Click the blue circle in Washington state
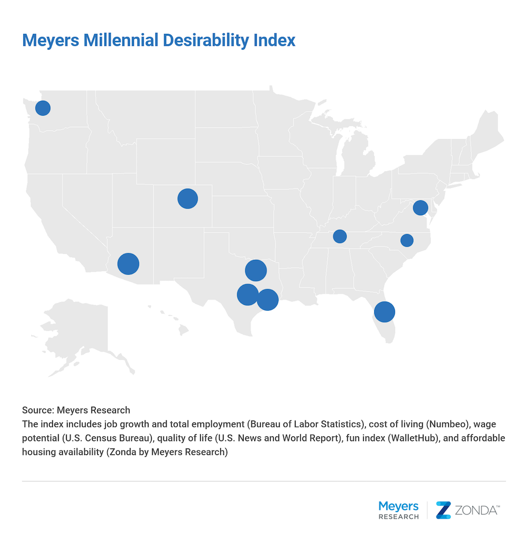pos(43,108)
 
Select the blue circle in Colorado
pos(188,199)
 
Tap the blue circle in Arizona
pos(128,263)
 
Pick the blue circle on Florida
pos(384,312)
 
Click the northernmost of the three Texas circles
pos(255,270)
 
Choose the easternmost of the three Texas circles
pos(267,300)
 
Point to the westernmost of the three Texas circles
pos(247,294)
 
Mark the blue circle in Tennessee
pos(340,236)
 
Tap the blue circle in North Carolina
pos(406,240)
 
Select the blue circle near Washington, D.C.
pos(420,208)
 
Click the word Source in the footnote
pos(38,410)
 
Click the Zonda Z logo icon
pos(443,510)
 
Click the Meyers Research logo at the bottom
pos(399,510)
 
